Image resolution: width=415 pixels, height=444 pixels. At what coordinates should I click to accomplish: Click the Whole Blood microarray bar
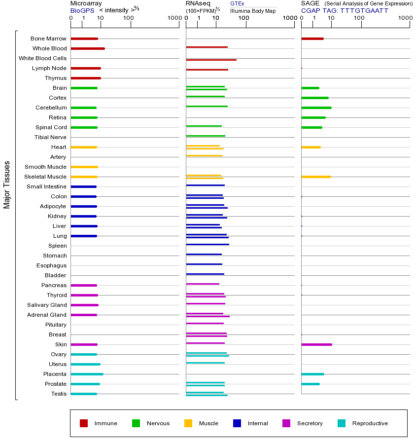pyautogui.click(x=88, y=48)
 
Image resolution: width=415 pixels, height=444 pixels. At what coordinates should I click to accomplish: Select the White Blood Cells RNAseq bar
pyautogui.click(x=211, y=60)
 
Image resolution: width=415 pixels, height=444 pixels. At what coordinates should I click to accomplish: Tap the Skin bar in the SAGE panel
pyautogui.click(x=316, y=344)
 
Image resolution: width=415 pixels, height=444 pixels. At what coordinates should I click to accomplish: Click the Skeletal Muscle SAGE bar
pyautogui.click(x=316, y=177)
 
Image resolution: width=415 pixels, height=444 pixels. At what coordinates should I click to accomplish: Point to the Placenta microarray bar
pyautogui.click(x=87, y=374)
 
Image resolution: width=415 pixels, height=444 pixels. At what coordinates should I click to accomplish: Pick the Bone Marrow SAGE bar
pyautogui.click(x=312, y=38)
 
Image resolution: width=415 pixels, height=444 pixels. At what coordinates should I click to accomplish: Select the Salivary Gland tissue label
pyautogui.click(x=47, y=305)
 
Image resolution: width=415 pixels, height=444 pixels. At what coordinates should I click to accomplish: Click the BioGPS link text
pyautogui.click(x=81, y=10)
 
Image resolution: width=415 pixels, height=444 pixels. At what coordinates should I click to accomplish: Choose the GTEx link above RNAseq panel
pyautogui.click(x=237, y=3)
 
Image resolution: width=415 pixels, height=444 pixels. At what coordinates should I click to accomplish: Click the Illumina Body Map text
pyautogui.click(x=253, y=10)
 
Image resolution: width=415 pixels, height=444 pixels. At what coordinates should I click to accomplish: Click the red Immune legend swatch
pyautogui.click(x=84, y=423)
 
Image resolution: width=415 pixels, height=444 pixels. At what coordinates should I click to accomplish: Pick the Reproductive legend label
pyautogui.click(x=370, y=423)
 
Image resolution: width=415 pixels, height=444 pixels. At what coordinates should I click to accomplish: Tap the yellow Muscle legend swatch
pyautogui.click(x=188, y=423)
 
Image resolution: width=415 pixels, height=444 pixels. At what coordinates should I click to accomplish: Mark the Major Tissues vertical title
pyautogui.click(x=7, y=185)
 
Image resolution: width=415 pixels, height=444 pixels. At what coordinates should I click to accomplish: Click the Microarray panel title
pyautogui.click(x=85, y=3)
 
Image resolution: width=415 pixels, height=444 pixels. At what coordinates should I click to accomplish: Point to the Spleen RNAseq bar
pyautogui.click(x=207, y=244)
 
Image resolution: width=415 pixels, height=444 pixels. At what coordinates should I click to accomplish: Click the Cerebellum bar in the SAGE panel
pyautogui.click(x=316, y=108)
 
